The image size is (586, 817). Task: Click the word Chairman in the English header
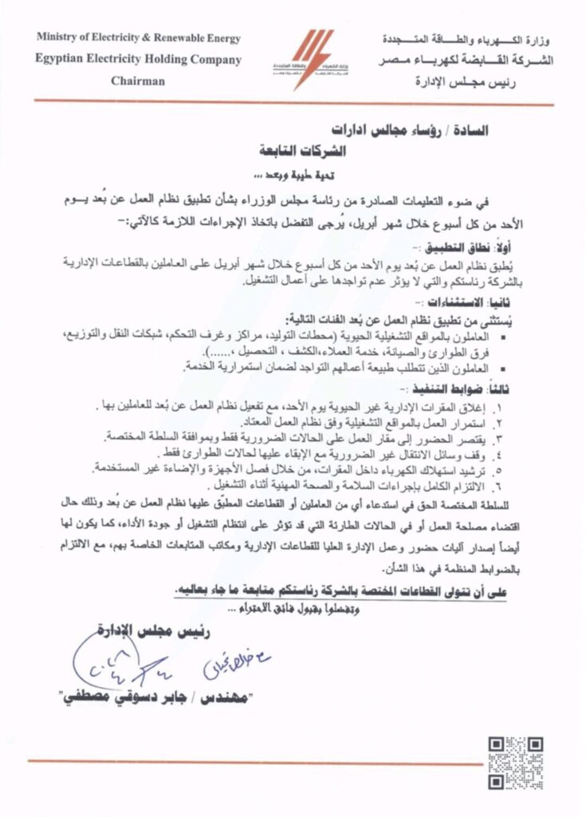(x=138, y=81)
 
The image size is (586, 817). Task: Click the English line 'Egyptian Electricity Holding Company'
(x=138, y=59)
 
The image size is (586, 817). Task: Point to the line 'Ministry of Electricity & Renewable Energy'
(x=138, y=38)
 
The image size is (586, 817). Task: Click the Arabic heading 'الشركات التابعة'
(x=295, y=150)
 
